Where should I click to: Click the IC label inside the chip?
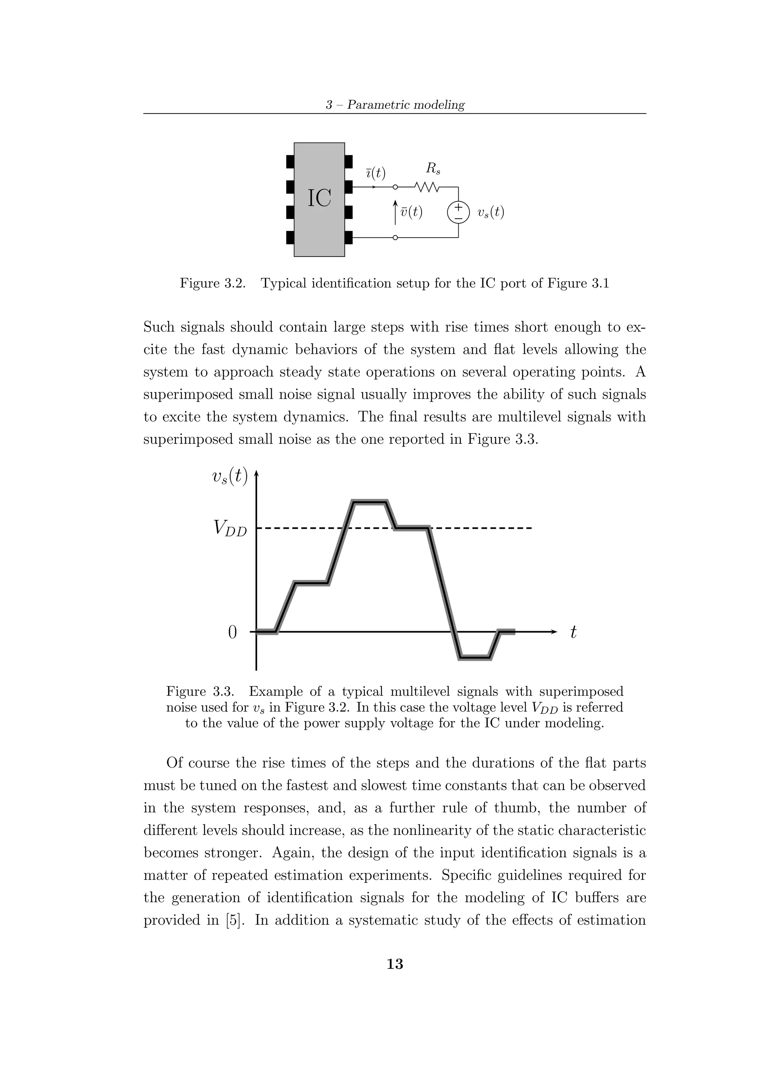[319, 199]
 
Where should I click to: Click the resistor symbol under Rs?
[427, 188]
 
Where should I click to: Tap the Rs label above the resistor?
[433, 168]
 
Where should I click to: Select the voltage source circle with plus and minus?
[458, 212]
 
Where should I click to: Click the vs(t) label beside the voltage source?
[491, 212]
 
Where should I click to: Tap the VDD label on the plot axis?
[230, 528]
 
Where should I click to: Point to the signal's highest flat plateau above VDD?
[370, 502]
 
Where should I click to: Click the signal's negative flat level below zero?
[474, 657]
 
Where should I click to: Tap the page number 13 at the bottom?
[395, 964]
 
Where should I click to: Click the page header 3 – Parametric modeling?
[395, 105]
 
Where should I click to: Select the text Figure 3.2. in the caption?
[212, 284]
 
